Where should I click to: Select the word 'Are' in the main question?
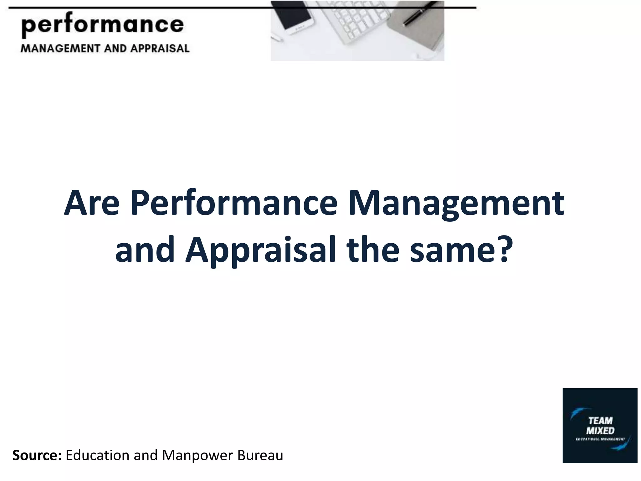click(x=92, y=204)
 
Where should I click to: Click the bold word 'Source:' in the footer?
click(x=37, y=455)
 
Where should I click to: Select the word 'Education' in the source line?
click(x=97, y=455)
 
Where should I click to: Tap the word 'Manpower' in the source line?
click(x=197, y=455)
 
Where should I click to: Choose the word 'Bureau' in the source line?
click(x=260, y=455)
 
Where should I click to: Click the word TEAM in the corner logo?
click(x=600, y=421)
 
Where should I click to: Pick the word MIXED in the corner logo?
click(x=600, y=431)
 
